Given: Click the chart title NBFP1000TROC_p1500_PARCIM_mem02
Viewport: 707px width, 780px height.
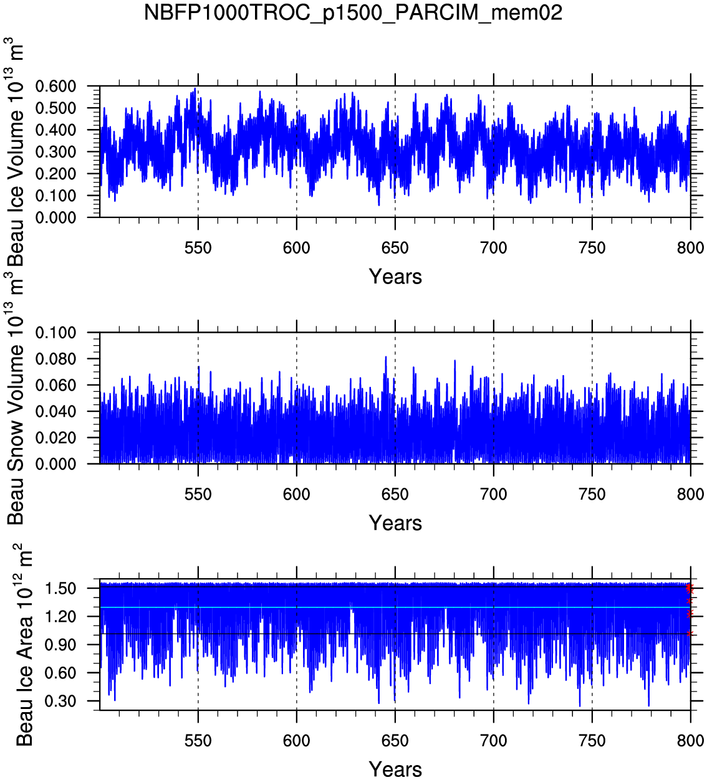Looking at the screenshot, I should coord(353,12).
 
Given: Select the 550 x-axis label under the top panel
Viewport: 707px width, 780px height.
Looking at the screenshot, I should coord(198,248).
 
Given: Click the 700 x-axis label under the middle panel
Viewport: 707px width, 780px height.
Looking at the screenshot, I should coord(493,495).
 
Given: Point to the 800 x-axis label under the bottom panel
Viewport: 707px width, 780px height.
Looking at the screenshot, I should coord(690,741).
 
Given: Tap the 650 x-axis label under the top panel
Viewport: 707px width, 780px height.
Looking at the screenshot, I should coord(395,248).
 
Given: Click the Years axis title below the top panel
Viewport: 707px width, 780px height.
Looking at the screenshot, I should coord(395,277).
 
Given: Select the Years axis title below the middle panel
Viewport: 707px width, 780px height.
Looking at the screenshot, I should coord(395,523).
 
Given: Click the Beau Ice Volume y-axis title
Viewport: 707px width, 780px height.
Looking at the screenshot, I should coord(17,153).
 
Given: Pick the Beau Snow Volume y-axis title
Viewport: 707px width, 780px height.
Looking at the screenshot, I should coord(17,399).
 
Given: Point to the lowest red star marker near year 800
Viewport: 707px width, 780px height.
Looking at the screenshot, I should coord(689,634).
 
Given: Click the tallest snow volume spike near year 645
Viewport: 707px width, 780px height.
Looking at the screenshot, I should coord(386,358).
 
